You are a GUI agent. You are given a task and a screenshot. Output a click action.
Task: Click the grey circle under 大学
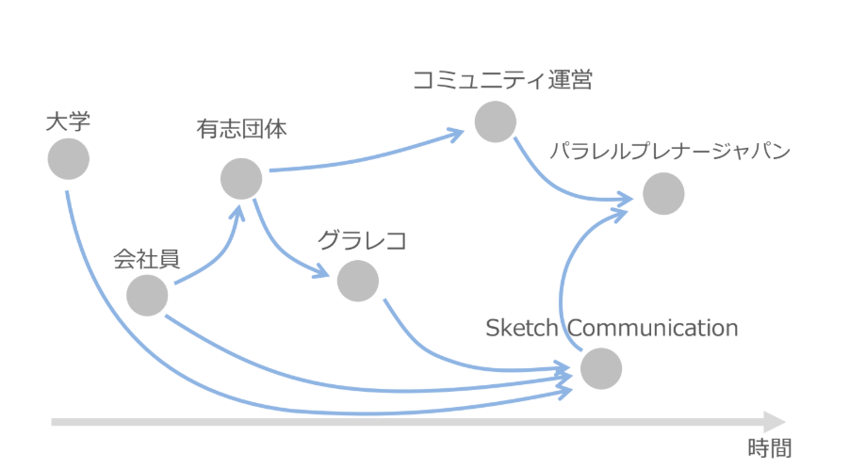click(x=68, y=158)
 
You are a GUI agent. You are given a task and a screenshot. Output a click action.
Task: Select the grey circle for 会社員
click(x=147, y=295)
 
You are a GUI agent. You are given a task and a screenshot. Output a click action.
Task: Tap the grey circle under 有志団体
click(x=241, y=178)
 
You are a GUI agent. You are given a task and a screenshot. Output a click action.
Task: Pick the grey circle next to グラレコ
click(x=357, y=280)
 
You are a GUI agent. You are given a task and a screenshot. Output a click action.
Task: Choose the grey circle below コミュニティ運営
click(x=495, y=121)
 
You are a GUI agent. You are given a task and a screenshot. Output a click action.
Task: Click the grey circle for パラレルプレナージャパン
click(x=663, y=194)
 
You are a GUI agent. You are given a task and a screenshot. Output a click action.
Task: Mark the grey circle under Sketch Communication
click(x=601, y=368)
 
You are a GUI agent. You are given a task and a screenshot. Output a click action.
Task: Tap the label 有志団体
click(x=241, y=128)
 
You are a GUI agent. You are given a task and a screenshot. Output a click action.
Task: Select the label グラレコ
click(x=361, y=241)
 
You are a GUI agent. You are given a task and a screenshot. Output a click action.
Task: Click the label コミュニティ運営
click(x=502, y=80)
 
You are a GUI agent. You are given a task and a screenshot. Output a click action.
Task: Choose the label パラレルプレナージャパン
click(x=670, y=152)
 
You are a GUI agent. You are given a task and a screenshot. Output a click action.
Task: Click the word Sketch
click(x=523, y=328)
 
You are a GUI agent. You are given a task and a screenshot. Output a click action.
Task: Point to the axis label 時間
click(x=769, y=448)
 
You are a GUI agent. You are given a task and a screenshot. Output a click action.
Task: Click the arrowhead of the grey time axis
click(x=775, y=421)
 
